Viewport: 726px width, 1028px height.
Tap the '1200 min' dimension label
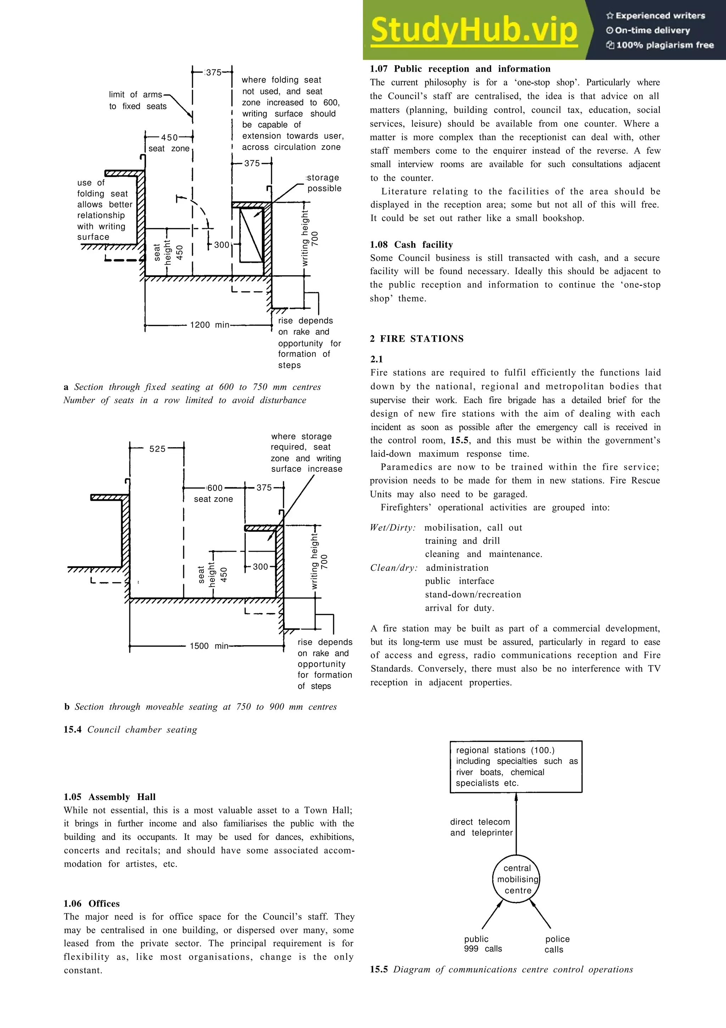[210, 325]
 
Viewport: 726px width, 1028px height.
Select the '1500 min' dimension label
[209, 646]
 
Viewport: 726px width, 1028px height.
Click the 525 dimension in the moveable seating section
[157, 449]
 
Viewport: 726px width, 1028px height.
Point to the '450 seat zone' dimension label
[169, 143]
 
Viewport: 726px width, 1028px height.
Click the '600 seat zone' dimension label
[214, 493]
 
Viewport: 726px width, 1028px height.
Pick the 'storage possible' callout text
[323, 183]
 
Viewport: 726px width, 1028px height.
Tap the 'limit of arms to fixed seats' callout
[137, 100]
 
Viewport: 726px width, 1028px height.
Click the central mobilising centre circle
[516, 879]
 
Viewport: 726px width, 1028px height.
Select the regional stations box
[516, 767]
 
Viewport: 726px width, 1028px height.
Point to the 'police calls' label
[557, 944]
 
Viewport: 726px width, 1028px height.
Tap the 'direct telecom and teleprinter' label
[481, 827]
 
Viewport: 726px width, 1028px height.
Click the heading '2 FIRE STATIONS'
[417, 338]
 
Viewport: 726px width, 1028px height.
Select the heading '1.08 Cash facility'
[411, 244]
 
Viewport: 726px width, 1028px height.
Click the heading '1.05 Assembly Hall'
[110, 796]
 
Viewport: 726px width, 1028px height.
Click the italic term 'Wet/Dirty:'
[393, 527]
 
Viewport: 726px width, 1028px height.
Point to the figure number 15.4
[72, 729]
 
